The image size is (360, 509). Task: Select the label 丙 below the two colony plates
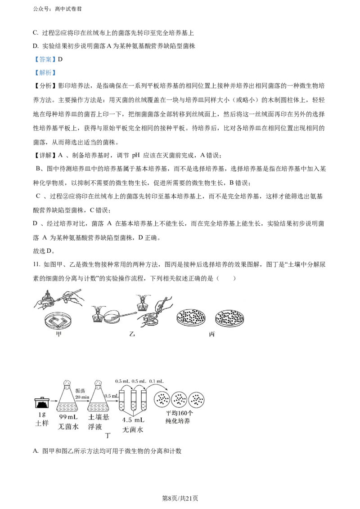(x=212, y=334)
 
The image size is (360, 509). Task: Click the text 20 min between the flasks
(x=83, y=397)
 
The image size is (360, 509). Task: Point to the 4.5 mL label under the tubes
(x=133, y=420)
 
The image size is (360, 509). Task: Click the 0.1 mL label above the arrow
(x=156, y=381)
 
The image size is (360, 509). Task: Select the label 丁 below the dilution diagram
(x=108, y=436)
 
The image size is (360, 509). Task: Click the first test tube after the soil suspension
(x=121, y=400)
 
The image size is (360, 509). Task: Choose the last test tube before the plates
(x=144, y=400)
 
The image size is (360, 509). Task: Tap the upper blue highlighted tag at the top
(x=45, y=59)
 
